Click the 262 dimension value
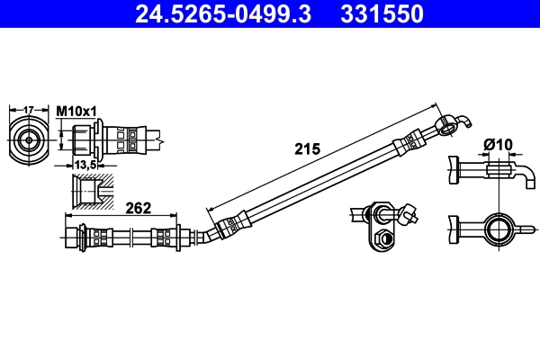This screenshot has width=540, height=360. tap(137, 208)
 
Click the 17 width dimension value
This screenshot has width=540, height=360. tap(28, 110)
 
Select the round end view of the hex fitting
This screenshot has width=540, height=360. tap(29, 140)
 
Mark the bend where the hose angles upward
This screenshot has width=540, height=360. tap(209, 233)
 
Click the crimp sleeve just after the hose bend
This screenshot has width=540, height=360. tap(234, 220)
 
